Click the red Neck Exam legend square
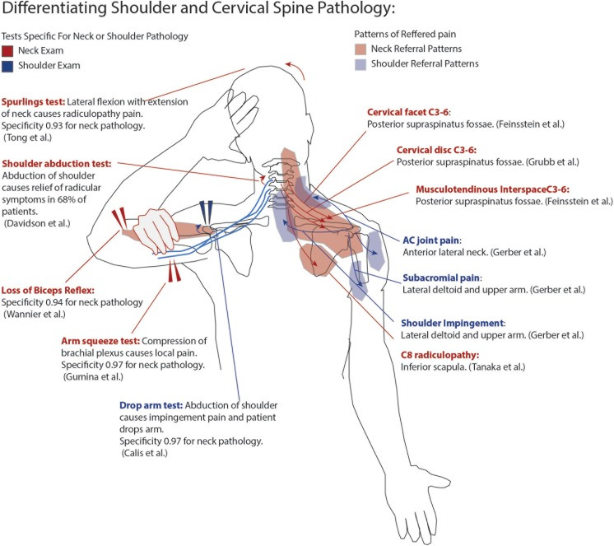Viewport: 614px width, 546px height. click(x=11, y=49)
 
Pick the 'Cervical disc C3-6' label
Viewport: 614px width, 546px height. click(x=453, y=151)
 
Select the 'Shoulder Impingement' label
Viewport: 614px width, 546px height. click(x=453, y=323)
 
